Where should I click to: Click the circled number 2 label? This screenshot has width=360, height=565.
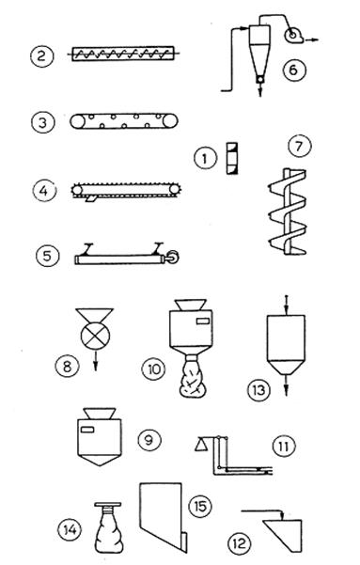coord(41,55)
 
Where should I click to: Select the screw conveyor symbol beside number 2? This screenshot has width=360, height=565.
coord(124,54)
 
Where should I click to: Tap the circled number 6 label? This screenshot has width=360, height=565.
coord(293,70)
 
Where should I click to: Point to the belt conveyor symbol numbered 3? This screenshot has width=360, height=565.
coord(124,121)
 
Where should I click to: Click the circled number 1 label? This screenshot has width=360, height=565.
coord(206,158)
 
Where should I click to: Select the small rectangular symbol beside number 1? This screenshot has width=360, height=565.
coord(232,158)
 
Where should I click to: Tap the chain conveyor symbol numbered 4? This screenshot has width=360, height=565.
coord(126,191)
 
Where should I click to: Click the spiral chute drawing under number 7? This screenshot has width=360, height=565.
coord(288,212)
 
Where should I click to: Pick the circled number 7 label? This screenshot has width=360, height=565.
coord(300,147)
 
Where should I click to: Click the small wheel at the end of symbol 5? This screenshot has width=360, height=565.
coord(174,257)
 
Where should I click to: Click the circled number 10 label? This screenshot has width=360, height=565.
coord(153,369)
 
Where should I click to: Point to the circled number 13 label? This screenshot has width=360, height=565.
coord(258,389)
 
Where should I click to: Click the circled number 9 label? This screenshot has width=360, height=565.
coord(149,440)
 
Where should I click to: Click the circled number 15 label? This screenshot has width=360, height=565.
coord(200,506)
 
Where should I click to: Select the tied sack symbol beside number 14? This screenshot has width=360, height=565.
coord(108,527)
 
